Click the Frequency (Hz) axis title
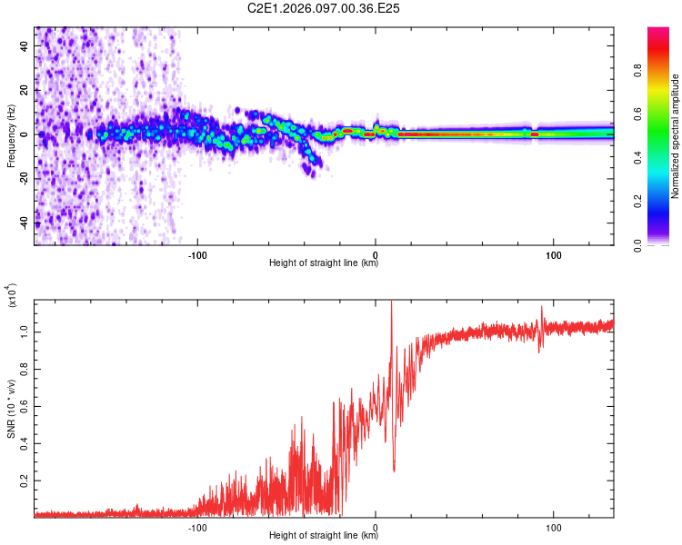[11, 135]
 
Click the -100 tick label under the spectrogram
[198, 253]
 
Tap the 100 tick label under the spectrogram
[553, 253]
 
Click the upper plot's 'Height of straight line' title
[324, 263]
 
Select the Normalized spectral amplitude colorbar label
[675, 136]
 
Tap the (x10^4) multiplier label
[11, 297]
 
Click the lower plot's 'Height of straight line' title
[324, 536]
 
